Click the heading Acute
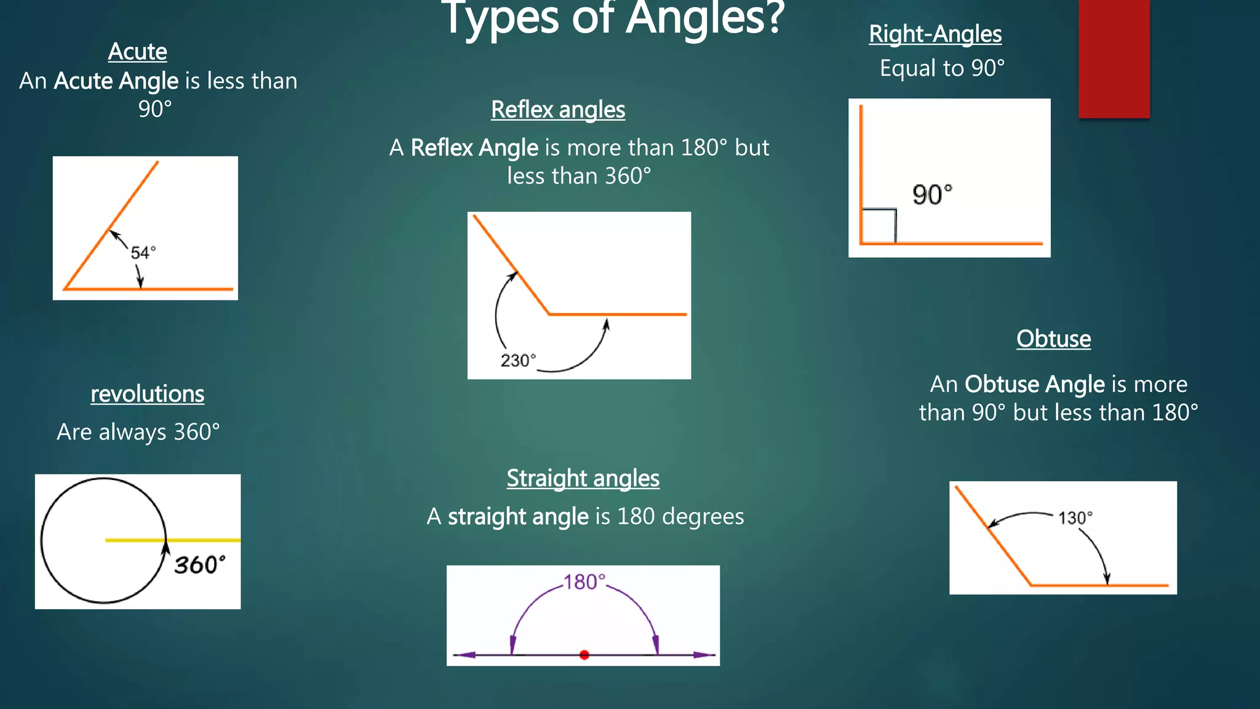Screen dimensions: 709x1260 137,52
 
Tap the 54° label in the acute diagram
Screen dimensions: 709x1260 143,253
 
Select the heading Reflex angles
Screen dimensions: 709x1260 558,110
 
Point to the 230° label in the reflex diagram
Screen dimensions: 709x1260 517,361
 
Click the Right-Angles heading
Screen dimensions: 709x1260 935,34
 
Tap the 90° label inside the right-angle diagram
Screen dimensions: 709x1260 932,195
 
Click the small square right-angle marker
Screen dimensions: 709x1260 879,226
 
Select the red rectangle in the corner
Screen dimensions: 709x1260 1114,58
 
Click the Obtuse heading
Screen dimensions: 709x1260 1053,339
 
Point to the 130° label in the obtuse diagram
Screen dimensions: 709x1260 1075,518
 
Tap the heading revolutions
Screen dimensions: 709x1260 148,394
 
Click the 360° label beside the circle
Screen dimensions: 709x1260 199,565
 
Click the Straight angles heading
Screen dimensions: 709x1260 583,478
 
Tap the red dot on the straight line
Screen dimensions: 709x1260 584,655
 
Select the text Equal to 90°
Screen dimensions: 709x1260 942,68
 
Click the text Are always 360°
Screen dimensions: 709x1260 138,432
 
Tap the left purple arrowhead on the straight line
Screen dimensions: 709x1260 466,655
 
